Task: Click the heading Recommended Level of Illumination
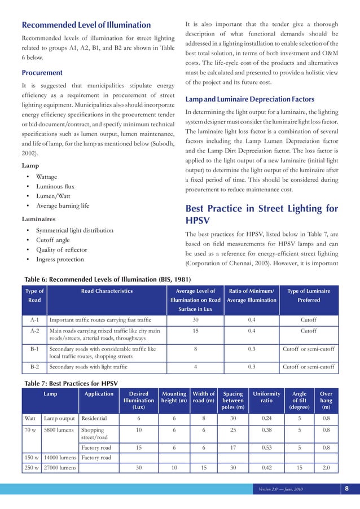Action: [86, 25]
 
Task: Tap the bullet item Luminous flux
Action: [55, 186]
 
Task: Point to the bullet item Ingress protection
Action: [60, 259]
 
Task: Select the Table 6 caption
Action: [108, 279]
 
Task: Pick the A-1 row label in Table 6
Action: [34, 319]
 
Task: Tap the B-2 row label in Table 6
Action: [34, 367]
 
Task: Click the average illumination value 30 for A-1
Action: [195, 319]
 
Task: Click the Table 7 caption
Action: [71, 384]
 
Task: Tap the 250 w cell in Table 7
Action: [32, 468]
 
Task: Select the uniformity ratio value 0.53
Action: [266, 447]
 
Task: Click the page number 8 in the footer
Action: [346, 489]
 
